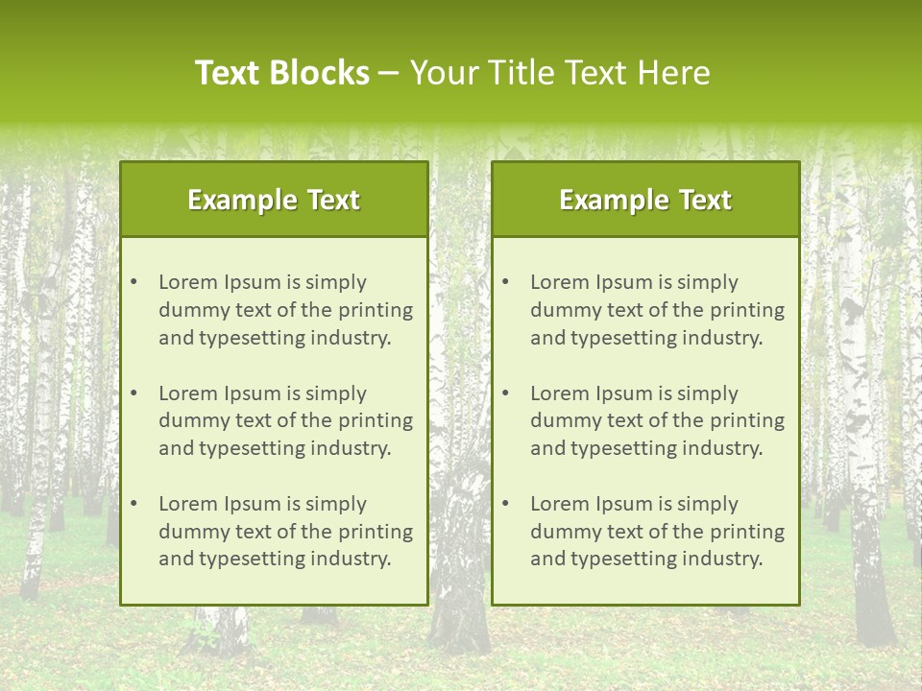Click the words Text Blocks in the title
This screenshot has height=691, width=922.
pyautogui.click(x=281, y=73)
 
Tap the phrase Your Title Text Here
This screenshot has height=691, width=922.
pyautogui.click(x=560, y=73)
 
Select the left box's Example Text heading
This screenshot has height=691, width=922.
pyautogui.click(x=274, y=200)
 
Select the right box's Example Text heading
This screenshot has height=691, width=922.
pyautogui.click(x=645, y=200)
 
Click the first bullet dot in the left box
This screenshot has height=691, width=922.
pyautogui.click(x=133, y=282)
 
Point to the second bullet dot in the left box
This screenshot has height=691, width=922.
pyautogui.click(x=133, y=393)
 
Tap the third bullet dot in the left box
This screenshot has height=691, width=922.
pyautogui.click(x=133, y=504)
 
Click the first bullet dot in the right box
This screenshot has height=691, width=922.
pyautogui.click(x=505, y=282)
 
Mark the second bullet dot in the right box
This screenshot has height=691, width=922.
pyautogui.click(x=505, y=393)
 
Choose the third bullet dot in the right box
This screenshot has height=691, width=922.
pyautogui.click(x=505, y=504)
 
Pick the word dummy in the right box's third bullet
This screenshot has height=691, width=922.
pyautogui.click(x=561, y=532)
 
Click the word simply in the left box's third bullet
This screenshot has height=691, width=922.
pyautogui.click(x=336, y=504)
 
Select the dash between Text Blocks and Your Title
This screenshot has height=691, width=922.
pyautogui.click(x=389, y=74)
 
